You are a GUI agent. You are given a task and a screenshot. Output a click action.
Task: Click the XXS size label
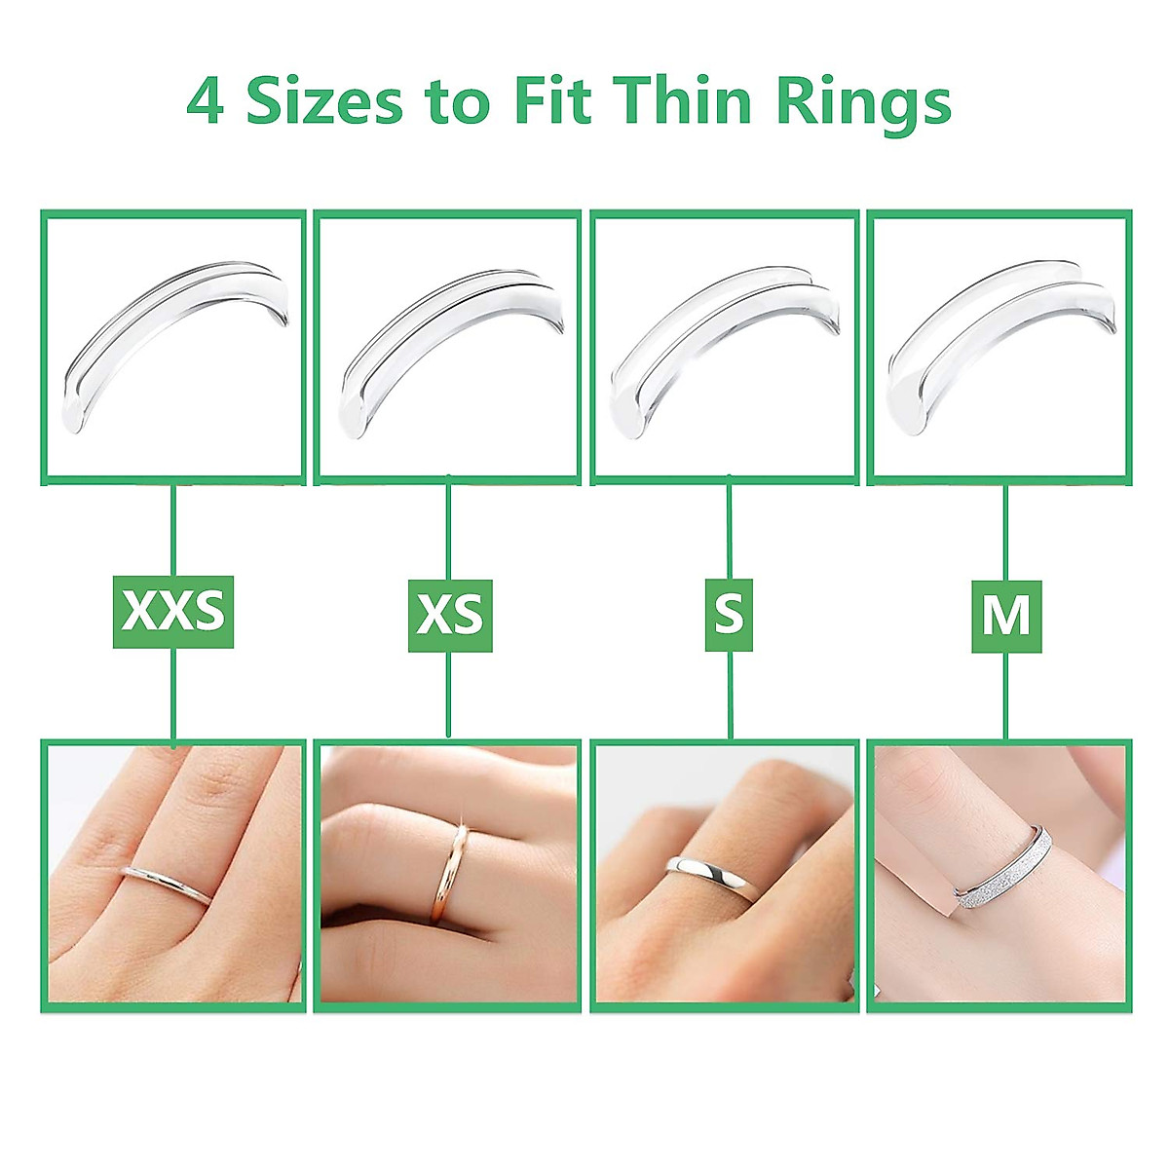173,612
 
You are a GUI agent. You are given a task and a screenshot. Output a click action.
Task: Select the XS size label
449,615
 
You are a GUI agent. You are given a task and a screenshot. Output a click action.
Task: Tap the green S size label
729,615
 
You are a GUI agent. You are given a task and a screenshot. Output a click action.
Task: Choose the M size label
1006,616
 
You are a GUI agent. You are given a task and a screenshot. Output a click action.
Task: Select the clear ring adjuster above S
726,341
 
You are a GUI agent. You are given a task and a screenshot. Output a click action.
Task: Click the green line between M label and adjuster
1006,532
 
